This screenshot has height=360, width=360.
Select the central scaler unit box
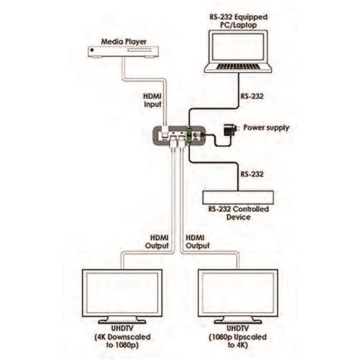179,135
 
